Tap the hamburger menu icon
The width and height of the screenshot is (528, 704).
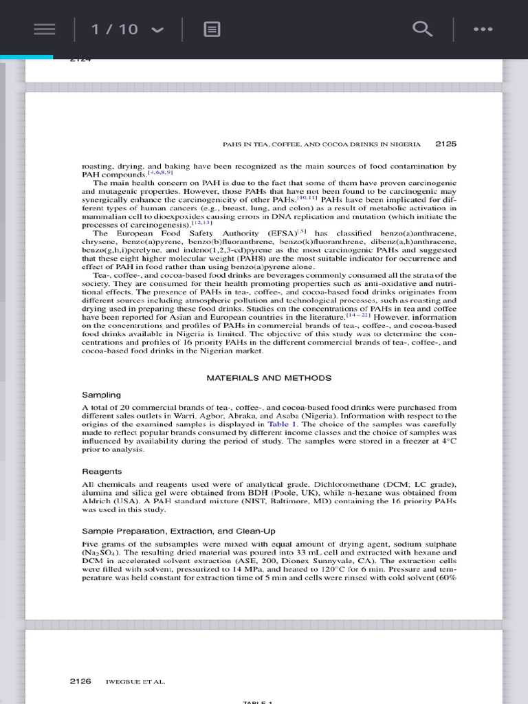click(x=45, y=29)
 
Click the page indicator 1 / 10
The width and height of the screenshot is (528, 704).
click(x=115, y=29)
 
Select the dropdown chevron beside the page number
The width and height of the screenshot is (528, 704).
click(x=157, y=30)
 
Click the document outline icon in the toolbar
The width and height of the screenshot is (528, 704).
click(x=212, y=29)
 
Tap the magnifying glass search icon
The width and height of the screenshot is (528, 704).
click(x=422, y=29)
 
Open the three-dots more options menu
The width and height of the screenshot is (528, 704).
click(x=483, y=29)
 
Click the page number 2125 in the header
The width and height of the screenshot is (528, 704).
click(x=446, y=144)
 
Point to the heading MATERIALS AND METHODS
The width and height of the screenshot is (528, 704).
click(x=269, y=378)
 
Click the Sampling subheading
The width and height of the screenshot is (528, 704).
click(x=101, y=395)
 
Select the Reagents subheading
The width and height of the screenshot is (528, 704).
click(x=102, y=472)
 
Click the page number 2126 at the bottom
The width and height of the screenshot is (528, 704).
click(x=80, y=681)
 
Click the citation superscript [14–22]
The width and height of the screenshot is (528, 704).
click(x=357, y=316)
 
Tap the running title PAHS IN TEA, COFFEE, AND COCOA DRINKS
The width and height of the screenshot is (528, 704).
click(x=322, y=145)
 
